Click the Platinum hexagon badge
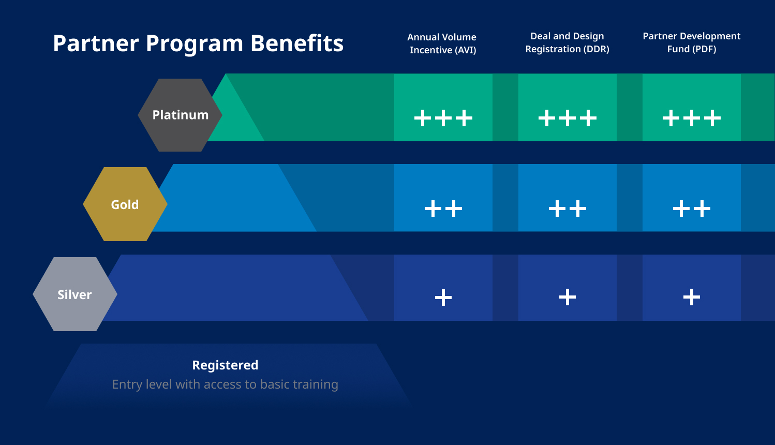(x=180, y=115)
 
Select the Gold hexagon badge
(x=125, y=204)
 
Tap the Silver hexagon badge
(x=74, y=294)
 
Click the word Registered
(x=225, y=365)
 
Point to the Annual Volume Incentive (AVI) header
(x=442, y=43)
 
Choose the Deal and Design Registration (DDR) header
(x=567, y=42)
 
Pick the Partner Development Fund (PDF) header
(x=691, y=42)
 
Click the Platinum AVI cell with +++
(x=443, y=108)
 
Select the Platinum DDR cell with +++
(x=568, y=108)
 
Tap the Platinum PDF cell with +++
(x=692, y=108)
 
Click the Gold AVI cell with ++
(x=443, y=198)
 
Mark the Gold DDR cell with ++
(x=568, y=198)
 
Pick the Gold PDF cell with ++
(x=692, y=198)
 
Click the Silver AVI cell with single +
(x=443, y=288)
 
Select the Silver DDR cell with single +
(x=568, y=288)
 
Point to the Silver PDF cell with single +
(x=692, y=288)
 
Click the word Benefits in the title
(x=297, y=43)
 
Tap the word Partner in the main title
(x=96, y=43)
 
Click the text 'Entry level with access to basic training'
(x=225, y=384)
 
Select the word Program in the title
(x=195, y=43)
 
